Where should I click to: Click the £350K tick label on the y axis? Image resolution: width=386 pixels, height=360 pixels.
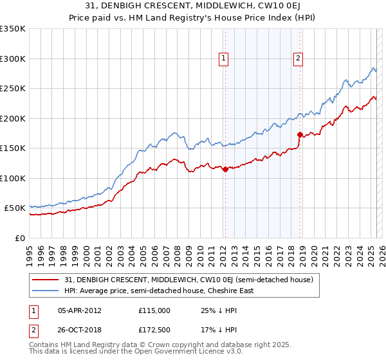click(x=13, y=29)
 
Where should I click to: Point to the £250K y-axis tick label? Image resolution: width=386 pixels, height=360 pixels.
click(x=13, y=89)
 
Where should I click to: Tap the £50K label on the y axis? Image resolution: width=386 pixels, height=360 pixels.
click(x=15, y=208)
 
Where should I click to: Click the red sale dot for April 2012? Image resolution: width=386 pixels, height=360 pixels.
click(x=225, y=170)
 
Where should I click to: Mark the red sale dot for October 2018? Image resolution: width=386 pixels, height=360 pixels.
click(x=300, y=135)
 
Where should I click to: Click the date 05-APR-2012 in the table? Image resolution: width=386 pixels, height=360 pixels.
click(x=80, y=310)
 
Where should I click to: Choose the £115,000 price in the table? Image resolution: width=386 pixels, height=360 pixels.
click(x=154, y=310)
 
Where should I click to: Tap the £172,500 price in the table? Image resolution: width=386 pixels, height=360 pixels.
click(x=154, y=330)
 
